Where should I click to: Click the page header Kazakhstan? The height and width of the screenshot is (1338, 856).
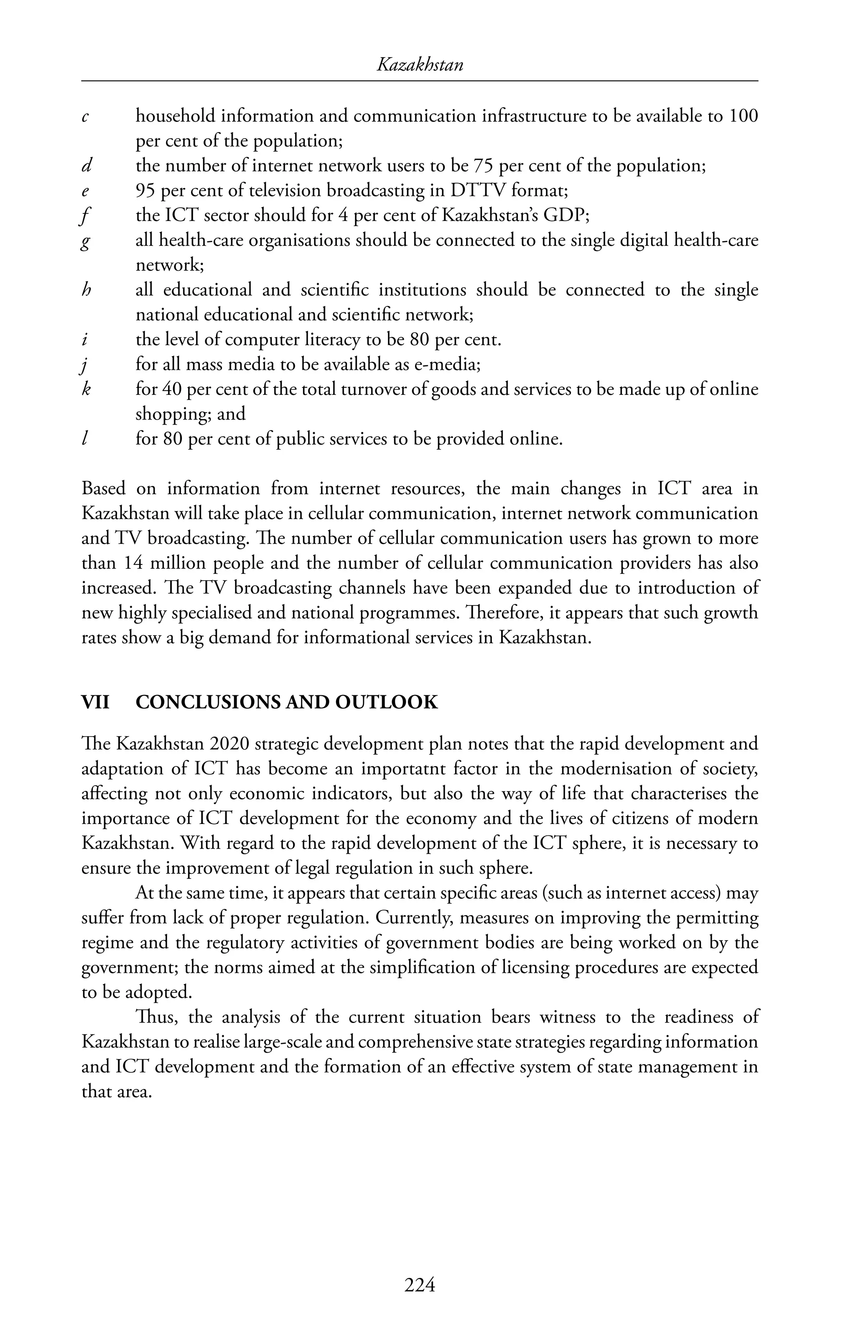[420, 66]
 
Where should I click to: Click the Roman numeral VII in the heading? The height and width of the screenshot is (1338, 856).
[95, 702]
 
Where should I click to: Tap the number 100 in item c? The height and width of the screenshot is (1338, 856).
[743, 116]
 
